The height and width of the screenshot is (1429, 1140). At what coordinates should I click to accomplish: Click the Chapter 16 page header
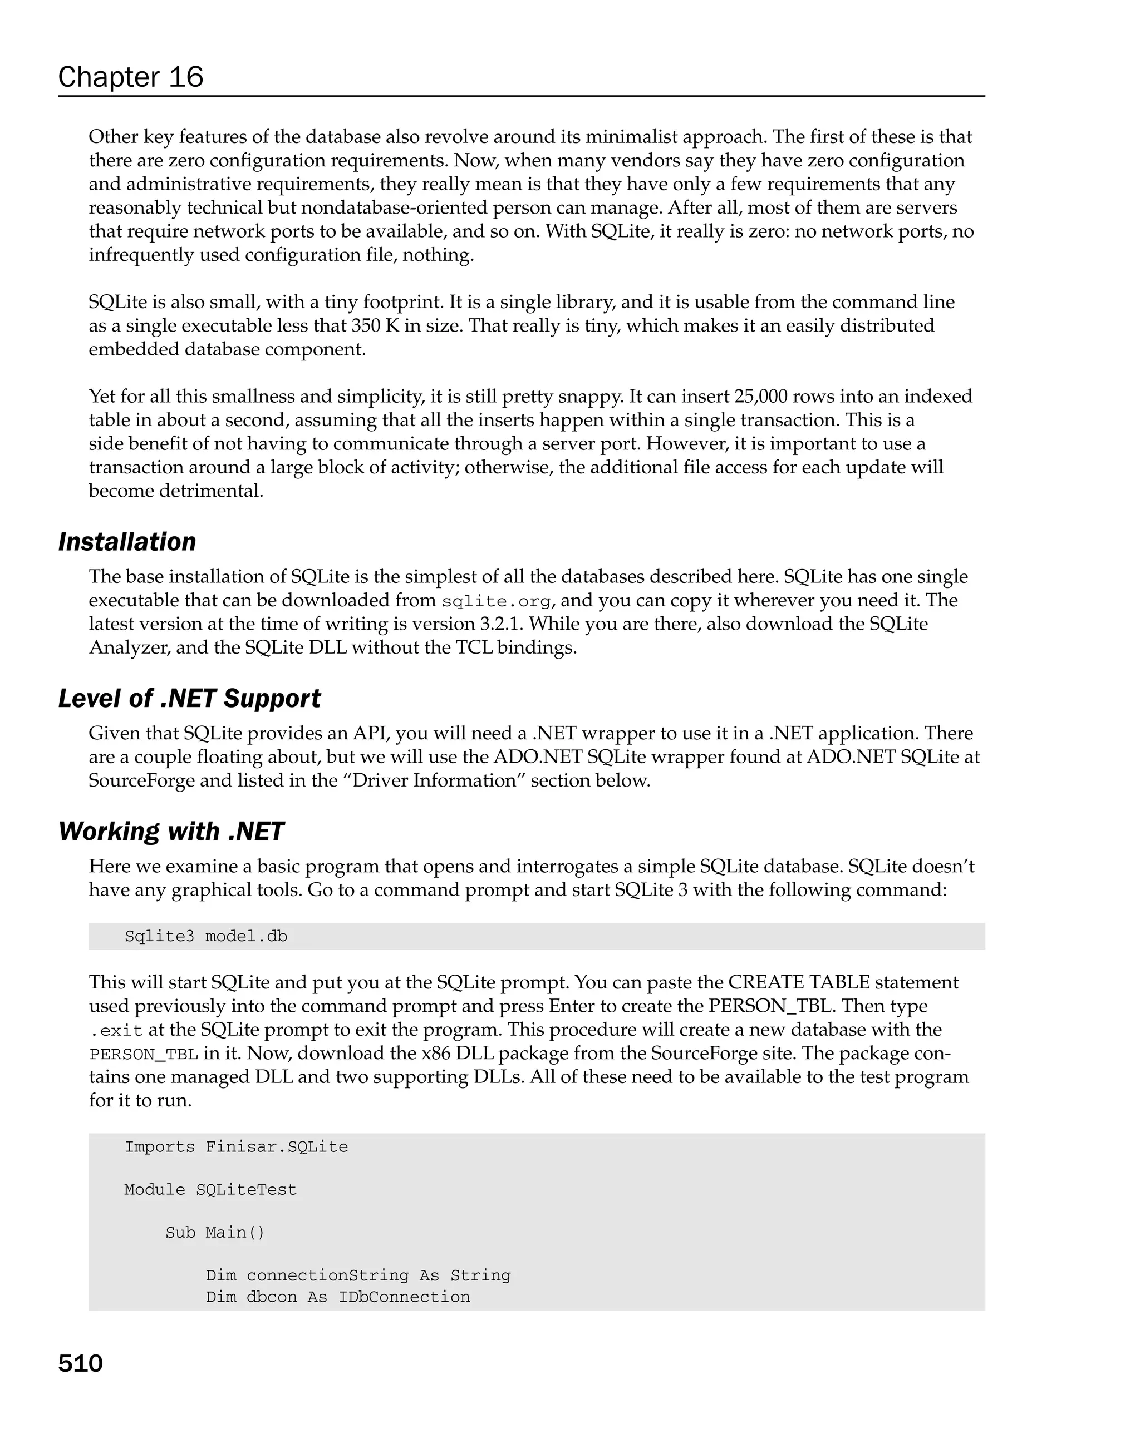[x=131, y=77]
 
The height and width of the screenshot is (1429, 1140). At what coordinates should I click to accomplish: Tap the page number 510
[x=80, y=1363]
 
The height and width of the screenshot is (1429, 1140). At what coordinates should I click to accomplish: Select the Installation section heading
[x=127, y=542]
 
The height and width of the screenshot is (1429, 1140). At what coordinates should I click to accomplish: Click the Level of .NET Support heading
[x=189, y=699]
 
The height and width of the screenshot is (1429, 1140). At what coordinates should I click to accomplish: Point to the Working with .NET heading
[x=171, y=831]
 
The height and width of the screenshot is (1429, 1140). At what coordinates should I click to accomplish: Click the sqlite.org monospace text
[x=496, y=601]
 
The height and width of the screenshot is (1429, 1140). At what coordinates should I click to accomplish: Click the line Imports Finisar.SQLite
[x=236, y=1146]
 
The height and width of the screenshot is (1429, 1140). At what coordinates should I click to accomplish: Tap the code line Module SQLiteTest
[x=210, y=1190]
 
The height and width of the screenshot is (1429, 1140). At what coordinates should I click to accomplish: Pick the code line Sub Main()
[x=215, y=1232]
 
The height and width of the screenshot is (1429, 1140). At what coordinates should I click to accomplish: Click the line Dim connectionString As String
[x=358, y=1275]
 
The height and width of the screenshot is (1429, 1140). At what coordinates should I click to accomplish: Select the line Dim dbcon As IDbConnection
[x=337, y=1297]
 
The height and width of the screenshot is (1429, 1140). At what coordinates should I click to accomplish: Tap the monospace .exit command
[x=117, y=1031]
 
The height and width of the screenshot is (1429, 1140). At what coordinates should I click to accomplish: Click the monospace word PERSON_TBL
[x=144, y=1054]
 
